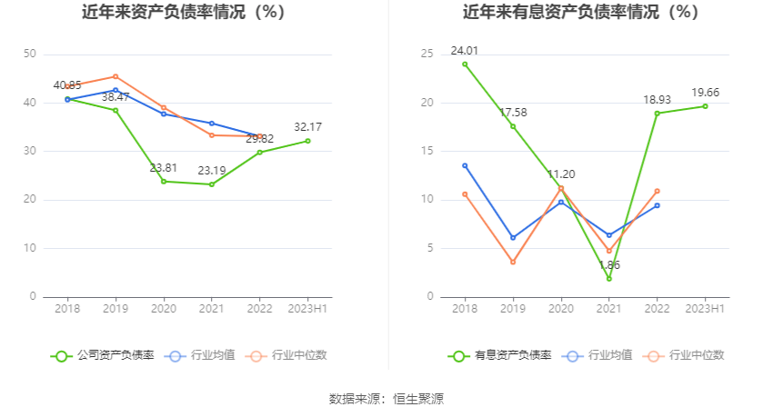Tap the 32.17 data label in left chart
coord(307,127)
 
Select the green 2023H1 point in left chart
coord(307,141)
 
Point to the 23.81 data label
coord(164,167)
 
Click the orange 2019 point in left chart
coord(115,76)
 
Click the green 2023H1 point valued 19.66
coord(705,106)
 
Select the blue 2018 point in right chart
coord(465,165)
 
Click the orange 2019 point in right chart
coord(513,262)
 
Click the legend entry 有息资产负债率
coord(500,355)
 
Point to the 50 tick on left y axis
coord(29,55)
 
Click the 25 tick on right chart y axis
coord(426,55)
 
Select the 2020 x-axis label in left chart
coord(164,309)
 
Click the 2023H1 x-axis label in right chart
coord(705,309)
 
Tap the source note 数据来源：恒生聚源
coord(386,399)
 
